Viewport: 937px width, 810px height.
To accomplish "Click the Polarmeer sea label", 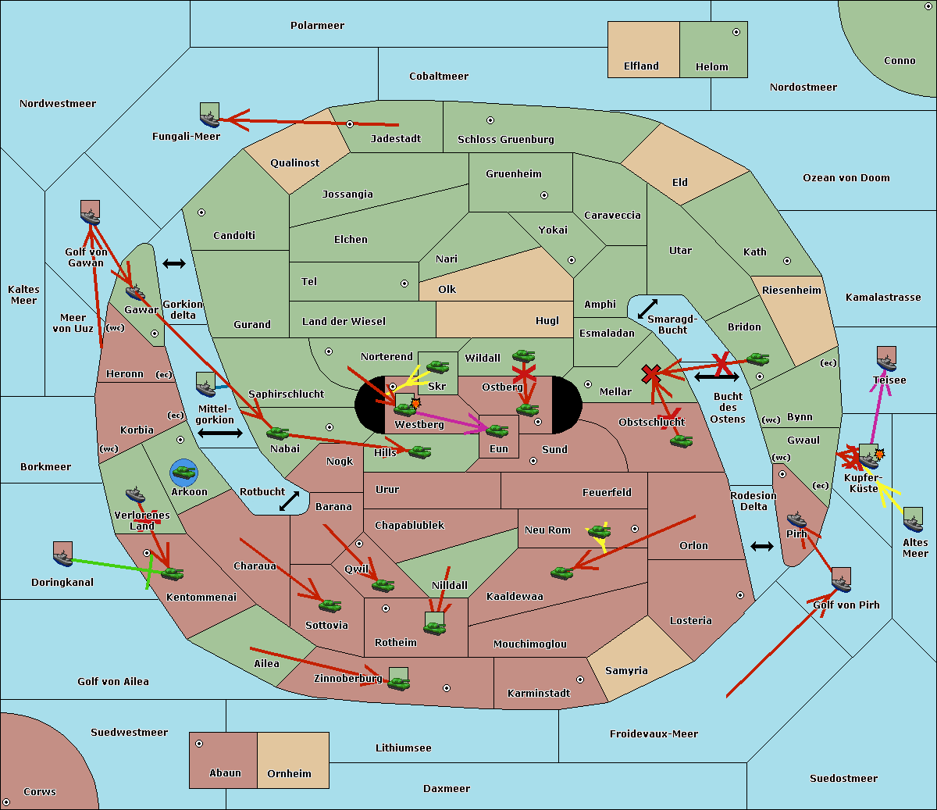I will click(317, 26).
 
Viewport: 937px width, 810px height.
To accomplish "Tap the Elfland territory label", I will click(641, 66).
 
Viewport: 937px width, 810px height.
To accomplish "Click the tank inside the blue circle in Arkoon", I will click(183, 471).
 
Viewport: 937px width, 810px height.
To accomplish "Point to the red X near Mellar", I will click(651, 374).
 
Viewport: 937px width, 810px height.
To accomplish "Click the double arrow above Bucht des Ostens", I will click(716, 377).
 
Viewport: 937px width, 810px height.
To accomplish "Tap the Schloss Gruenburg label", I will click(505, 140).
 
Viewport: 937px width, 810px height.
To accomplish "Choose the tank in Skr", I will click(437, 366).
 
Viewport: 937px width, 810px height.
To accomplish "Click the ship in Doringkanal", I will click(63, 555).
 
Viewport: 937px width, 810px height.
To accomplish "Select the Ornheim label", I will click(289, 774).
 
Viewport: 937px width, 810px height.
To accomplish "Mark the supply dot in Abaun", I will click(199, 744).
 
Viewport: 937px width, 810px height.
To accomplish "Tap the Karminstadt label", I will click(539, 694).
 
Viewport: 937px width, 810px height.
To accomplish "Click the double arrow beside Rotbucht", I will click(289, 501).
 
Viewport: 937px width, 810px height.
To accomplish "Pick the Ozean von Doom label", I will click(846, 178).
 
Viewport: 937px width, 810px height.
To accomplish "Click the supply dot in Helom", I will click(736, 32).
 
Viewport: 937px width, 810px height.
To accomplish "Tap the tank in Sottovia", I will click(330, 605).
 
